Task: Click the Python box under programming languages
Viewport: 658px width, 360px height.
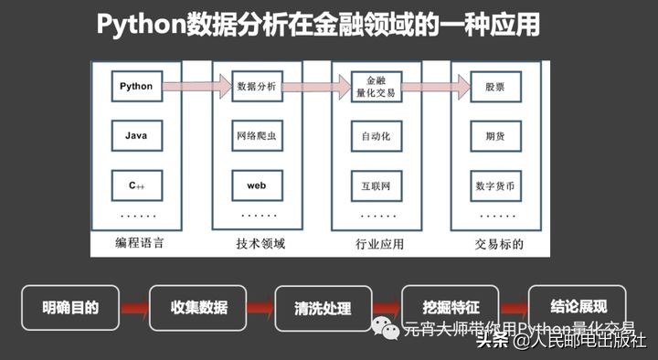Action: pyautogui.click(x=136, y=87)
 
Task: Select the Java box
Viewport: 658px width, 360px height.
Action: pyautogui.click(x=136, y=136)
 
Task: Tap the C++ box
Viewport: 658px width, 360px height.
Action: pyautogui.click(x=136, y=185)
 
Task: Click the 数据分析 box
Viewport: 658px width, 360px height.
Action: pyautogui.click(x=256, y=87)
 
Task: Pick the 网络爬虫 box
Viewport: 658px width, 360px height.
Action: pyautogui.click(x=256, y=136)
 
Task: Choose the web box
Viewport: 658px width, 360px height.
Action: pyautogui.click(x=256, y=185)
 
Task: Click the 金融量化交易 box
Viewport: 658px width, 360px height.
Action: pyautogui.click(x=376, y=87)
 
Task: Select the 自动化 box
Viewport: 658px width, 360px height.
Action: pyautogui.click(x=376, y=136)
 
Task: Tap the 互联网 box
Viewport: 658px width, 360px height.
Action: pyautogui.click(x=376, y=185)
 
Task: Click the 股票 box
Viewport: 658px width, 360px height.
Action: pyautogui.click(x=496, y=87)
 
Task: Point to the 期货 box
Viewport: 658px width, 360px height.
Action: pyautogui.click(x=496, y=136)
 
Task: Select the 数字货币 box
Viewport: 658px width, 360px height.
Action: pyautogui.click(x=496, y=185)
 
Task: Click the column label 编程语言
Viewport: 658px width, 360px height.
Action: pyautogui.click(x=136, y=244)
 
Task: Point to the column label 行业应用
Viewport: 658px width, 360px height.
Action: pyautogui.click(x=378, y=244)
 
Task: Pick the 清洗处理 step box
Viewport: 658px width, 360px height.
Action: pyautogui.click(x=324, y=308)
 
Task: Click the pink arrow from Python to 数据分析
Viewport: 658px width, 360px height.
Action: pyautogui.click(x=196, y=87)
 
